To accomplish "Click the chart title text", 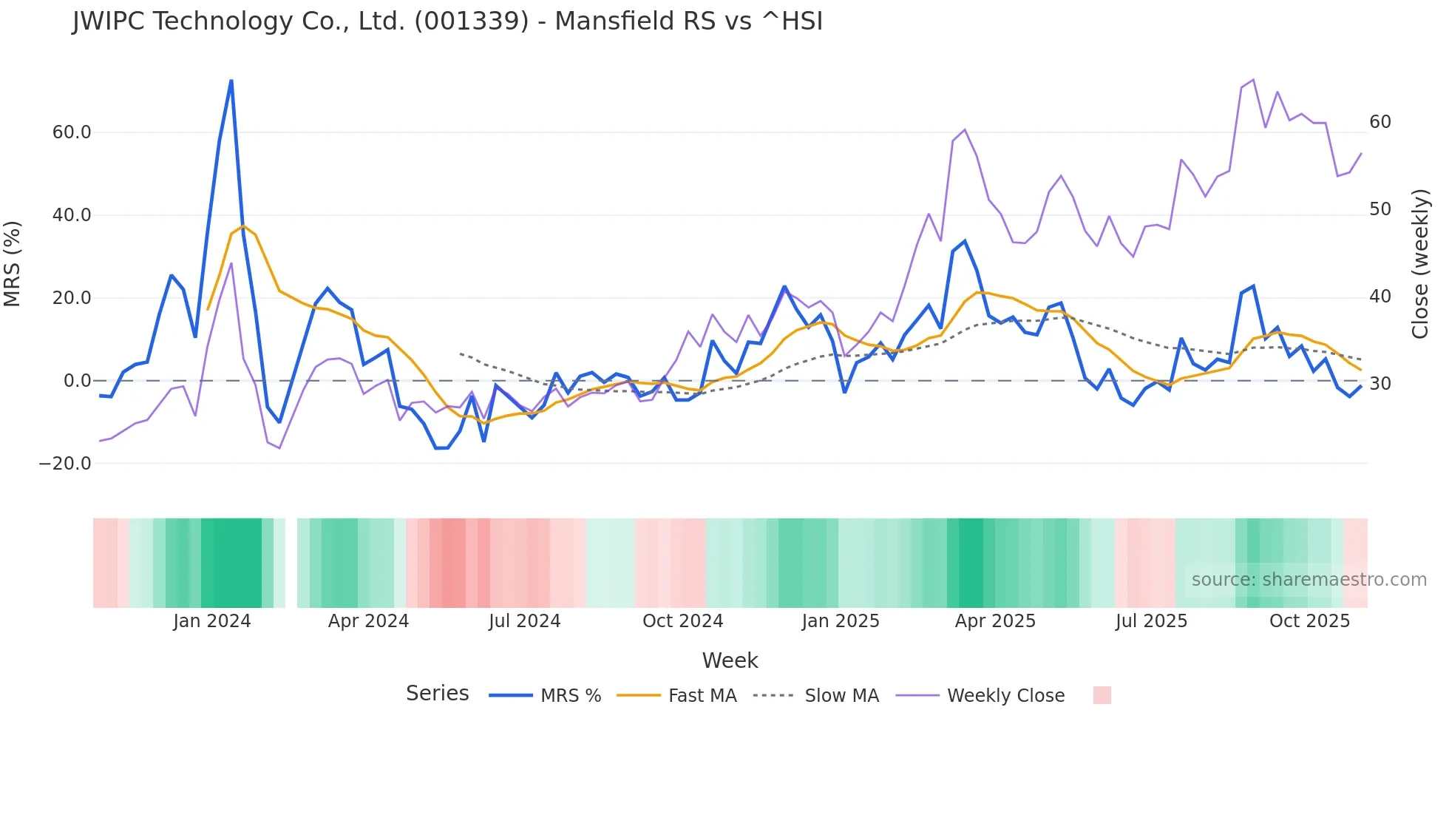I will coord(447,21).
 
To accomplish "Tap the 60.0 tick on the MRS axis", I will coord(72,132).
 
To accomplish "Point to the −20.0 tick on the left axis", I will coord(65,464).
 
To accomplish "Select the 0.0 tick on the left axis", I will coord(78,381).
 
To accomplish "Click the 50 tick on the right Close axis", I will coord(1380,209).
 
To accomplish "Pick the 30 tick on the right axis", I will coord(1380,384).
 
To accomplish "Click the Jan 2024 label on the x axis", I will coord(212,621).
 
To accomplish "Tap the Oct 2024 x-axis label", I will coord(682,621).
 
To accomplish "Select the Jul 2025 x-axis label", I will coord(1151,621).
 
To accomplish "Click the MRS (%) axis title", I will coord(13,263).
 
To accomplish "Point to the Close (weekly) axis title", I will coord(1420,263).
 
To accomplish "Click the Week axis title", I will coord(730,660).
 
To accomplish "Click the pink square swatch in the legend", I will coord(1102,695).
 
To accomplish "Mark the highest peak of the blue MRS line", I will coord(231,81).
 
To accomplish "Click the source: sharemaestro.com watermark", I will coord(1309,580).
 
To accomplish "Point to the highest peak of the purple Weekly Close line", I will coord(1253,79).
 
